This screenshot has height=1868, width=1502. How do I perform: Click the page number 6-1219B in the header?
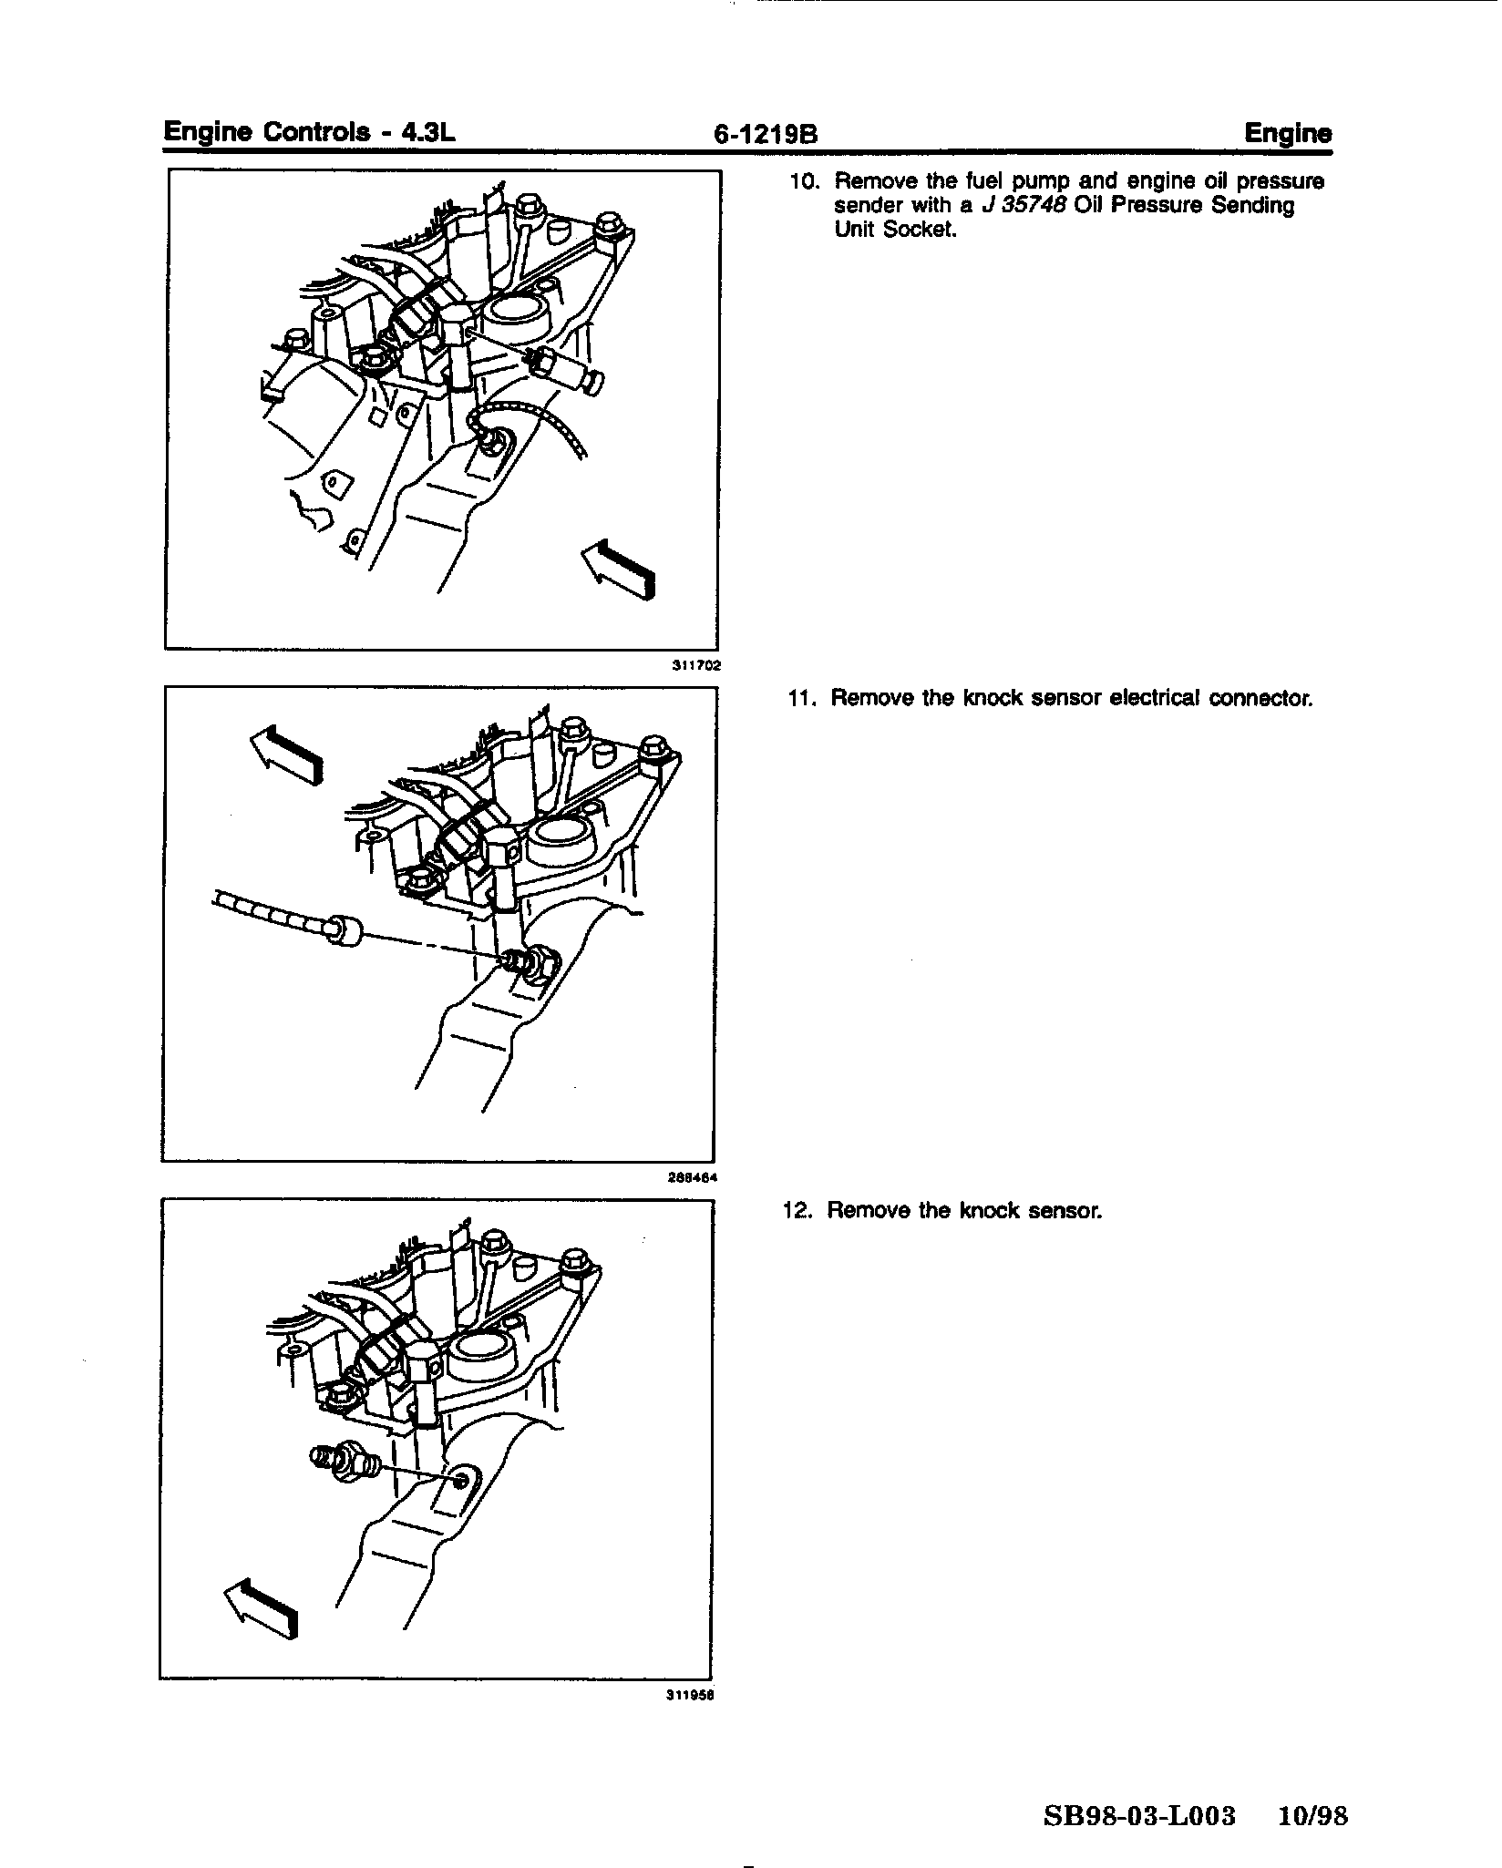click(x=766, y=135)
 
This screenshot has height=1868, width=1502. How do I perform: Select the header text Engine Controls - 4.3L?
click(x=309, y=132)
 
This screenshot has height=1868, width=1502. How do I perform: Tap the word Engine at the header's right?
click(x=1288, y=134)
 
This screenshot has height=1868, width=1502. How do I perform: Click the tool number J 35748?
click(x=1023, y=206)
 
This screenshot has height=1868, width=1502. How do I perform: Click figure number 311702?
click(x=696, y=666)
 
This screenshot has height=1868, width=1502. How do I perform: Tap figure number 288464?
click(x=693, y=1177)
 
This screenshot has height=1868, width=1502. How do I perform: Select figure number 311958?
click(x=689, y=1696)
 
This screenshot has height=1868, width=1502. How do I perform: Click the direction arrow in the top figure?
click(x=620, y=567)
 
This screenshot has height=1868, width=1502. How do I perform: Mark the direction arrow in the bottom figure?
click(x=262, y=1612)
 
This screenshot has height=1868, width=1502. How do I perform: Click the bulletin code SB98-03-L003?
click(x=1139, y=1816)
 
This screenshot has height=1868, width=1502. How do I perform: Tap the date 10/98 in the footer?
click(x=1312, y=1816)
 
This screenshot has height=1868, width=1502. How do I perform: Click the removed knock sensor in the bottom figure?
click(x=347, y=1463)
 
